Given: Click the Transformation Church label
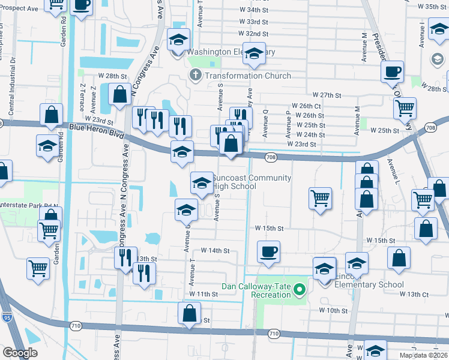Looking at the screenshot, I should (x=247, y=76).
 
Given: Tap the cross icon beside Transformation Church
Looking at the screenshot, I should (x=194, y=76).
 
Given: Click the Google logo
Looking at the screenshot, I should (x=20, y=353).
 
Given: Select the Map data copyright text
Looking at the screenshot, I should (x=424, y=356).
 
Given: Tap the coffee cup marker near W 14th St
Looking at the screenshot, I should (x=269, y=251).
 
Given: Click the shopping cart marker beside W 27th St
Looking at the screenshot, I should (x=405, y=108).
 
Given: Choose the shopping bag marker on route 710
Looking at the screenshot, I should (x=189, y=313).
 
